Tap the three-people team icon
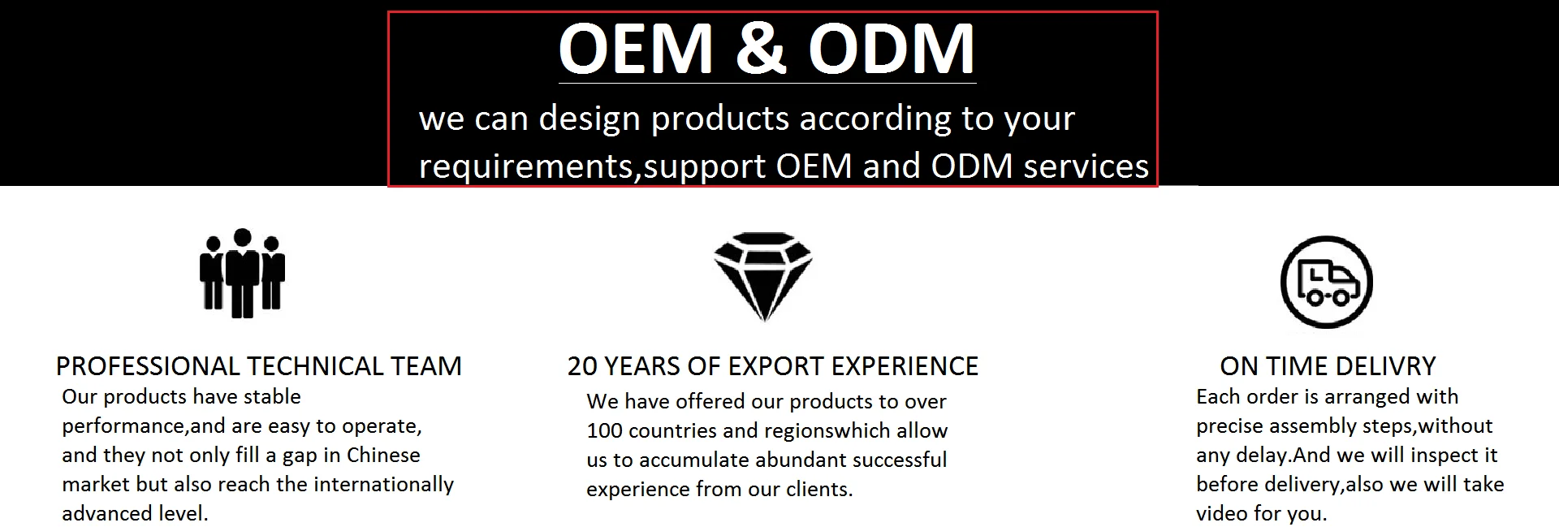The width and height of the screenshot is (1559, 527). [242, 273]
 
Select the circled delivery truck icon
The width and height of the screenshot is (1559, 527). [1327, 283]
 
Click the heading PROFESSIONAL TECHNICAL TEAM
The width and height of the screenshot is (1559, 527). [258, 366]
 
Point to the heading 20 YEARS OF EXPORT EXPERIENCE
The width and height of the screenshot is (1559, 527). [773, 366]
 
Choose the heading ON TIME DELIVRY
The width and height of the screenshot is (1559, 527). [1328, 366]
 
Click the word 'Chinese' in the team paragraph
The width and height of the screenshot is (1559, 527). [383, 455]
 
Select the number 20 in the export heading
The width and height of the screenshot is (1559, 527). [582, 366]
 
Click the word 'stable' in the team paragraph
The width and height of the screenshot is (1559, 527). [272, 397]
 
